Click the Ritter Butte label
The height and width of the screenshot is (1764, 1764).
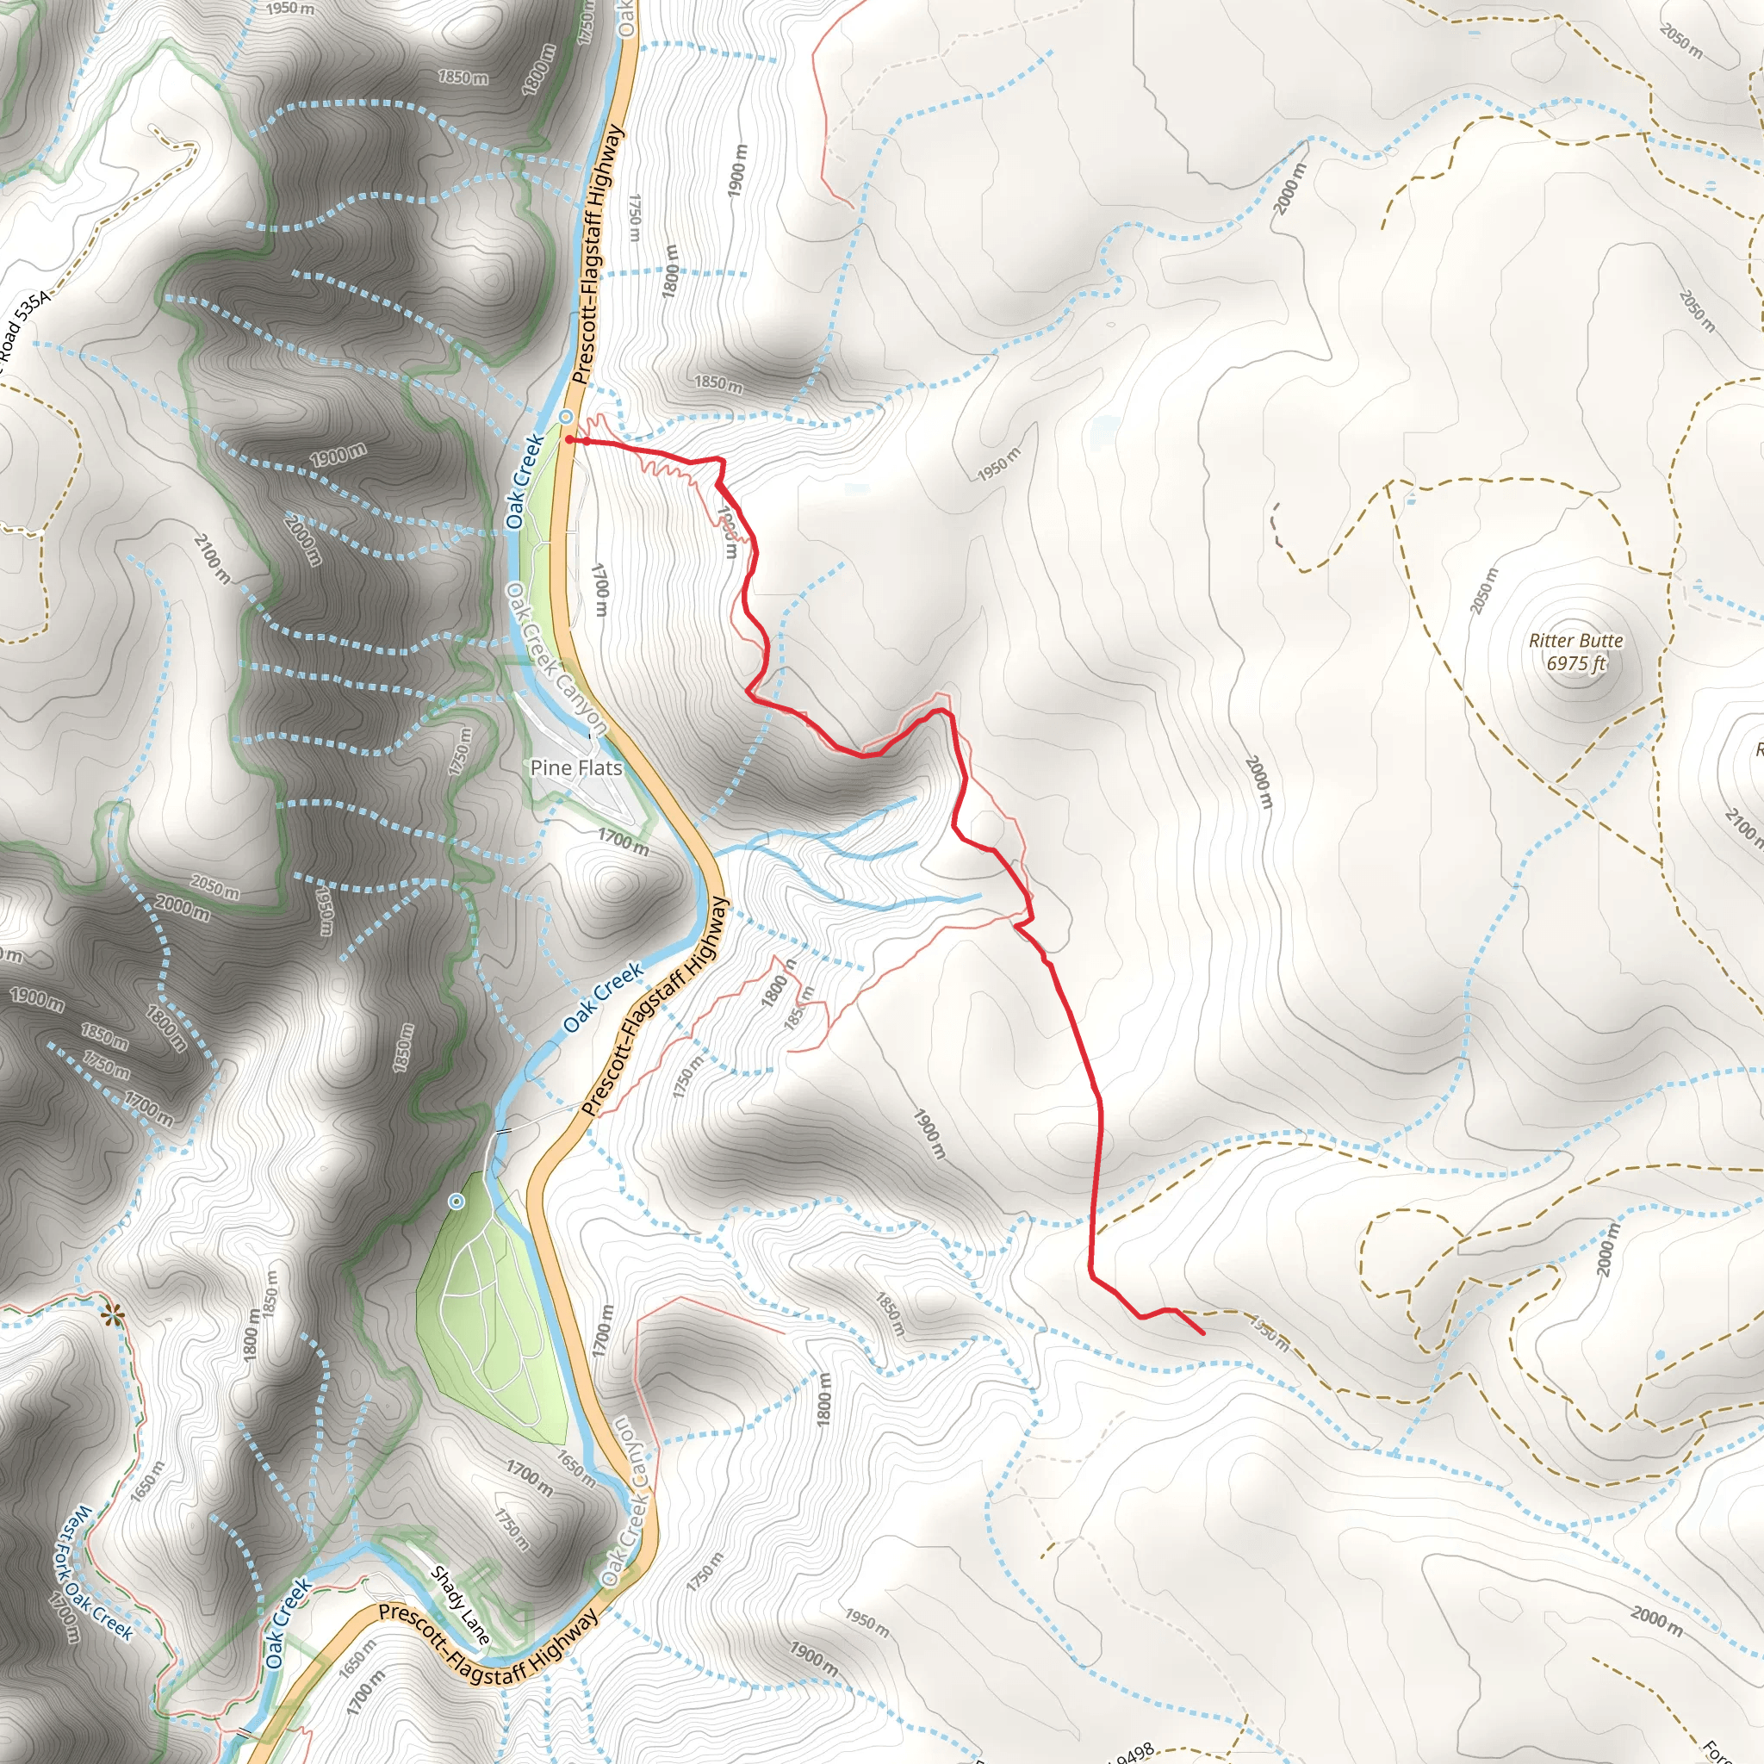tap(1576, 641)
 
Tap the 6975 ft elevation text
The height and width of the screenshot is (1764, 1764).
tap(1576, 664)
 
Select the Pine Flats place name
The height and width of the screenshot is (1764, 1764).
tap(576, 767)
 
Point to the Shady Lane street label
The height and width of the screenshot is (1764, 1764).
tap(460, 1606)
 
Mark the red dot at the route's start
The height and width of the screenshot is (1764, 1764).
tap(568, 439)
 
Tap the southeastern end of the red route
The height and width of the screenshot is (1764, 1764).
tap(1202, 1334)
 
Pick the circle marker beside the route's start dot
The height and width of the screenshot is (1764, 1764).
tap(566, 416)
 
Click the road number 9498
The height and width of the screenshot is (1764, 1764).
tap(1132, 1753)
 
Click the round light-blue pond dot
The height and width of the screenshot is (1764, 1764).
tap(1659, 1355)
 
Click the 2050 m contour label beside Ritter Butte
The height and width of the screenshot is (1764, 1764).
tap(1484, 590)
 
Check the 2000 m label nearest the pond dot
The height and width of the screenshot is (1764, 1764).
tap(1606, 1250)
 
